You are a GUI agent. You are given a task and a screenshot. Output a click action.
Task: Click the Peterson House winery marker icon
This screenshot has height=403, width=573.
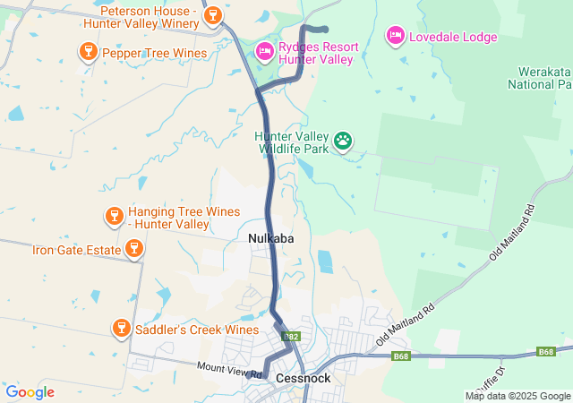click(212, 14)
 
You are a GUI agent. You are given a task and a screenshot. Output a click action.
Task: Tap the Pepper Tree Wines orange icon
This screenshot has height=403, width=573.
click(88, 52)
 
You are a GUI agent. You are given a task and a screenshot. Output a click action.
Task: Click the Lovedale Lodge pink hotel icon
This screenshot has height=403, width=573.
click(395, 36)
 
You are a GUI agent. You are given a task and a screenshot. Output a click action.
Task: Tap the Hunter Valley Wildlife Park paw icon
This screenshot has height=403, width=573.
click(343, 140)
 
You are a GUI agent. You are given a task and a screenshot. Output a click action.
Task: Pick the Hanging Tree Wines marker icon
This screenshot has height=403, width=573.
click(114, 216)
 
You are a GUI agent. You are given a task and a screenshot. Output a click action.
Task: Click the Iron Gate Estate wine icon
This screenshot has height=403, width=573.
click(133, 249)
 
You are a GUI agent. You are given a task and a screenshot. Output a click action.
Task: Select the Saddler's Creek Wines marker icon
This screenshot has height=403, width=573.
click(121, 329)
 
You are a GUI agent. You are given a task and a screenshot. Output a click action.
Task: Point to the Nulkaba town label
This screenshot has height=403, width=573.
click(271, 238)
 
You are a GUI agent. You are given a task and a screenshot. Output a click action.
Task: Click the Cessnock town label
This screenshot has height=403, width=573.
click(304, 378)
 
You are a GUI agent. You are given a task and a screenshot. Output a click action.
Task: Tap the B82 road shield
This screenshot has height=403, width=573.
click(289, 337)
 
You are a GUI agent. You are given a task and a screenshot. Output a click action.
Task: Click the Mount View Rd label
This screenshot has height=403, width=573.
click(229, 368)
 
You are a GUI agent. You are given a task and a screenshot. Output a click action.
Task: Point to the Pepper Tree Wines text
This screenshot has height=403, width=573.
click(155, 53)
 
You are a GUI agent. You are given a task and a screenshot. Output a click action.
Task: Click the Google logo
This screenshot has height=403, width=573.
click(30, 392)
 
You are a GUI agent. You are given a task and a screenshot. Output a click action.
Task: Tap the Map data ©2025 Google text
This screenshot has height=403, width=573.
click(517, 396)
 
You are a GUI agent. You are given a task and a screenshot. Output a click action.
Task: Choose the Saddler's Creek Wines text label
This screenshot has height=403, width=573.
click(197, 330)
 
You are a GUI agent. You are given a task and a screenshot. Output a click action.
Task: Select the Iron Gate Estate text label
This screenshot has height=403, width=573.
click(77, 250)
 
